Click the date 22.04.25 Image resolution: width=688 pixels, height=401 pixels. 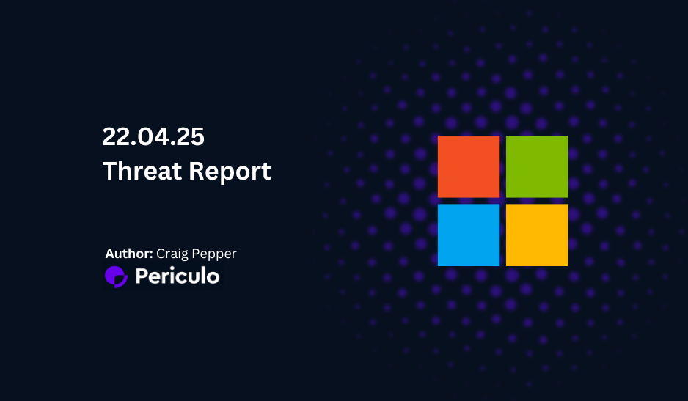tap(153, 136)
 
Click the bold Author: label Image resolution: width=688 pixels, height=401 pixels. tap(129, 254)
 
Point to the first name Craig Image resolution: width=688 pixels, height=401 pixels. tap(172, 254)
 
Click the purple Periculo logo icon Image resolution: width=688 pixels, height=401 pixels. tap(117, 277)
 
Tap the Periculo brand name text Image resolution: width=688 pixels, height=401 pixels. tap(178, 276)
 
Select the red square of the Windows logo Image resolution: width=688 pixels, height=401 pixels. tap(469, 166)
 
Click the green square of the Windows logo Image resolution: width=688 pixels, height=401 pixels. tap(537, 166)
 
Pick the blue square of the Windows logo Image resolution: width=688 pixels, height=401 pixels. tap(469, 235)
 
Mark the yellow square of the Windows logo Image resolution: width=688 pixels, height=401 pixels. tap(537, 235)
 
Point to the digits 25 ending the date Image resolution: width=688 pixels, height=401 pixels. tap(191, 136)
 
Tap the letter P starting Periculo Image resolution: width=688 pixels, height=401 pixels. tap(142, 276)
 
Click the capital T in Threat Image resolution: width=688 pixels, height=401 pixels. tap(111, 170)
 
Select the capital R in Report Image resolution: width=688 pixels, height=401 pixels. tap(197, 171)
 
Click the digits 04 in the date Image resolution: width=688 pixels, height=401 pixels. tap(153, 136)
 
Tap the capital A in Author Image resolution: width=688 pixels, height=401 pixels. tap(110, 254)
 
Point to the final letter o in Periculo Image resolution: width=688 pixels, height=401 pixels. tap(213, 278)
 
